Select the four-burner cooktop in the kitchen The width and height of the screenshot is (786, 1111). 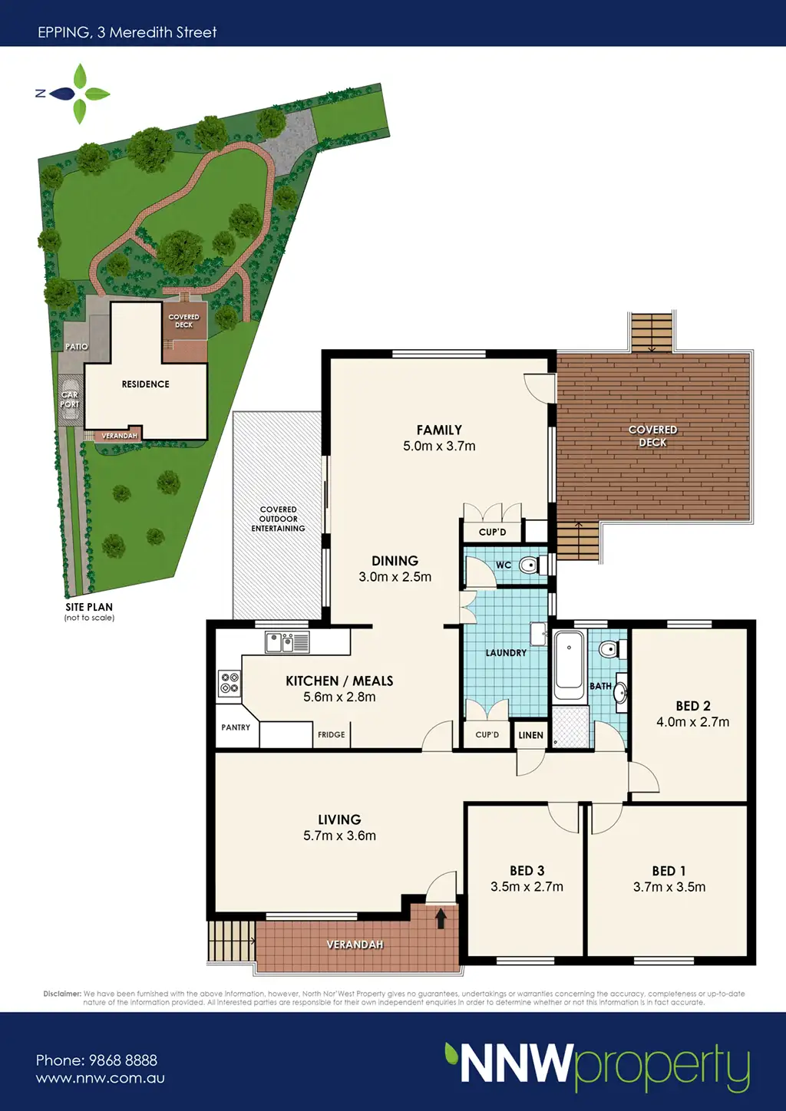point(230,682)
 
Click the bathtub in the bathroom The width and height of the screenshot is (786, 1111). point(569,665)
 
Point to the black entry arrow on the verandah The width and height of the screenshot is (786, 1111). point(441,918)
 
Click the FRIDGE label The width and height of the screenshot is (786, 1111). point(331,734)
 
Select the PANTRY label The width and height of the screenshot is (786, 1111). point(236,727)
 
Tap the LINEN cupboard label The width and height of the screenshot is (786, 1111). point(531,735)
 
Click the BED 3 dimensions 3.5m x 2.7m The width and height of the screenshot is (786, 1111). point(527,886)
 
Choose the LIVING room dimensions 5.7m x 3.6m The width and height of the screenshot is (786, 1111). point(340,836)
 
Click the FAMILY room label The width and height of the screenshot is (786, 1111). point(439,430)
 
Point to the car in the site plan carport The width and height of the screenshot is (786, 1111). point(69,400)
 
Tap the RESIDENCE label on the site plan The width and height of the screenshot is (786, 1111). point(145,384)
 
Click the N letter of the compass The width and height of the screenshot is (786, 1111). point(41,94)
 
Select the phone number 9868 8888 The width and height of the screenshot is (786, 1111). point(123,1060)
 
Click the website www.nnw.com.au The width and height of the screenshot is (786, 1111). point(101,1078)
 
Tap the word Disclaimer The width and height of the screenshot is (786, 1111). point(62,994)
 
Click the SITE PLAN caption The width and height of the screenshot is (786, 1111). point(89,607)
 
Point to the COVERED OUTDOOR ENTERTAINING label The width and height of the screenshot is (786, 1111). point(279,519)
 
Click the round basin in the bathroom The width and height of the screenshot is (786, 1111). point(620,690)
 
